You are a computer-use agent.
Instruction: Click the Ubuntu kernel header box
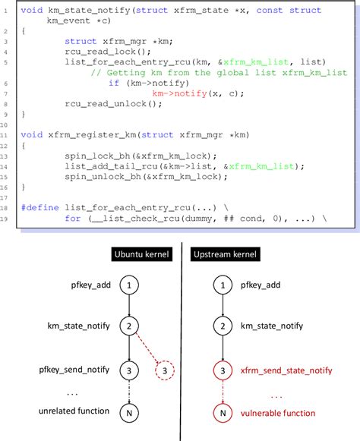coord(141,254)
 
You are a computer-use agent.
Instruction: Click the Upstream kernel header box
coord(225,254)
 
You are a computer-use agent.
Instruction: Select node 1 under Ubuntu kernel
coord(129,285)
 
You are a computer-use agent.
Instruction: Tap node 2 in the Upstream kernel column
coord(223,326)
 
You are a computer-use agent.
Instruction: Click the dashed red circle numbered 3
coord(165,370)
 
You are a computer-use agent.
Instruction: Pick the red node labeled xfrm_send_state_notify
coord(223,370)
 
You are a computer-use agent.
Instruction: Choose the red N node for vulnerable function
coord(223,413)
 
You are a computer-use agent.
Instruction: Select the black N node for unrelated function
coord(129,413)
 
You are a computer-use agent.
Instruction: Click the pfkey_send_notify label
coord(74,370)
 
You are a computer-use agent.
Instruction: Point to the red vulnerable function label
coord(278,413)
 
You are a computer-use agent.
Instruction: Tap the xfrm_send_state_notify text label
coord(286,370)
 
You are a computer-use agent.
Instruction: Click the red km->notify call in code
coord(179,93)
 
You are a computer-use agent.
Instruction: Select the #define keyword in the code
coord(40,208)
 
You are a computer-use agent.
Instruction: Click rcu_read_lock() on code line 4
coord(108,52)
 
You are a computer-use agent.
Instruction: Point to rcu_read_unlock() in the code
coord(113,104)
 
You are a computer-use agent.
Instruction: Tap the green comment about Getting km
coord(219,73)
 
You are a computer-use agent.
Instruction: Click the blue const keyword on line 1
coord(270,11)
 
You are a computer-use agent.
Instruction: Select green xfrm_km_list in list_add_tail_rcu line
coord(261,166)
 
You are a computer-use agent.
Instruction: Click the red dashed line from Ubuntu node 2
coord(147,347)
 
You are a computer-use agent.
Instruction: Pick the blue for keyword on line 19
coord(73,219)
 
